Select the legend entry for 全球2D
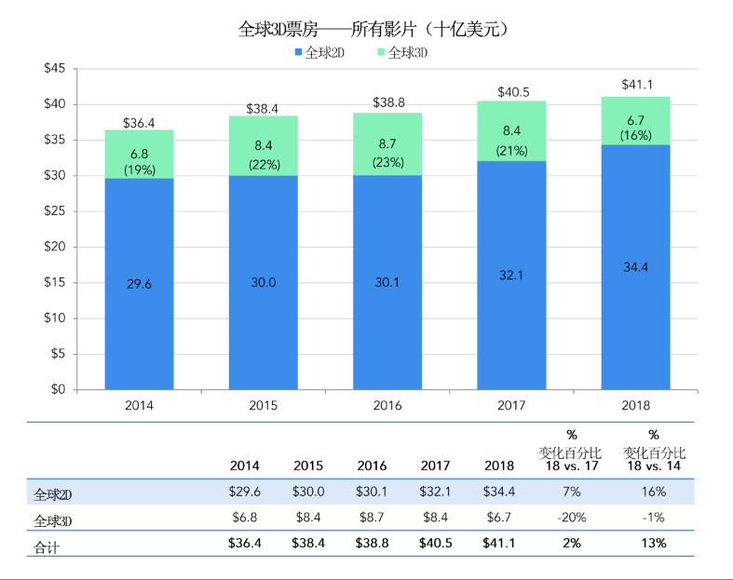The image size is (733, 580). pyautogui.click(x=321, y=53)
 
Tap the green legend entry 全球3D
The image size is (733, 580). pyautogui.click(x=406, y=53)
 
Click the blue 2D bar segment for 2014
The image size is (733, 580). pyautogui.click(x=139, y=284)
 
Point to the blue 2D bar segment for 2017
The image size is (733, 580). pyautogui.click(x=511, y=276)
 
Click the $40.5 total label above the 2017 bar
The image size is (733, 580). pyautogui.click(x=511, y=92)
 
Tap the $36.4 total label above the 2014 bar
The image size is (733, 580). pyautogui.click(x=139, y=122)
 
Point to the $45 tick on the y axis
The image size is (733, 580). pyautogui.click(x=54, y=69)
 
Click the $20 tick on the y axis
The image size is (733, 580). pyautogui.click(x=54, y=247)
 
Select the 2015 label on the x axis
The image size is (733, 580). pyautogui.click(x=264, y=406)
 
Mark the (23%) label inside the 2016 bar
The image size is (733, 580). pyautogui.click(x=387, y=163)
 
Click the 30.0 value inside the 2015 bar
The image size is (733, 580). pyautogui.click(x=264, y=283)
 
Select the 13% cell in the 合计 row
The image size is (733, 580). pyautogui.click(x=654, y=544)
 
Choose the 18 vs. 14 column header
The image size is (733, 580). pyautogui.click(x=654, y=465)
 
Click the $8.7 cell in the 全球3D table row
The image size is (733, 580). pyautogui.click(x=372, y=518)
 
